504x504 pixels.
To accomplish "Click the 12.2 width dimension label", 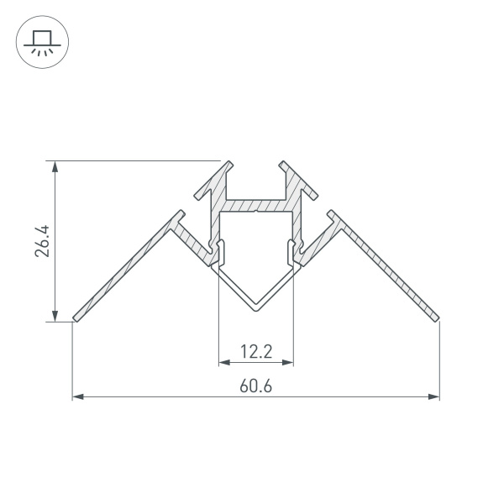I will (x=256, y=352).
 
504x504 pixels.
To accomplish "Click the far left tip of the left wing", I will (x=75, y=318).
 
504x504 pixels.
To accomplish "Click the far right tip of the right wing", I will (x=438, y=318).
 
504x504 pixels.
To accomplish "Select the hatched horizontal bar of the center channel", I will (x=256, y=204).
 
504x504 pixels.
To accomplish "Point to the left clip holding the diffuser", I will (x=221, y=249).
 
